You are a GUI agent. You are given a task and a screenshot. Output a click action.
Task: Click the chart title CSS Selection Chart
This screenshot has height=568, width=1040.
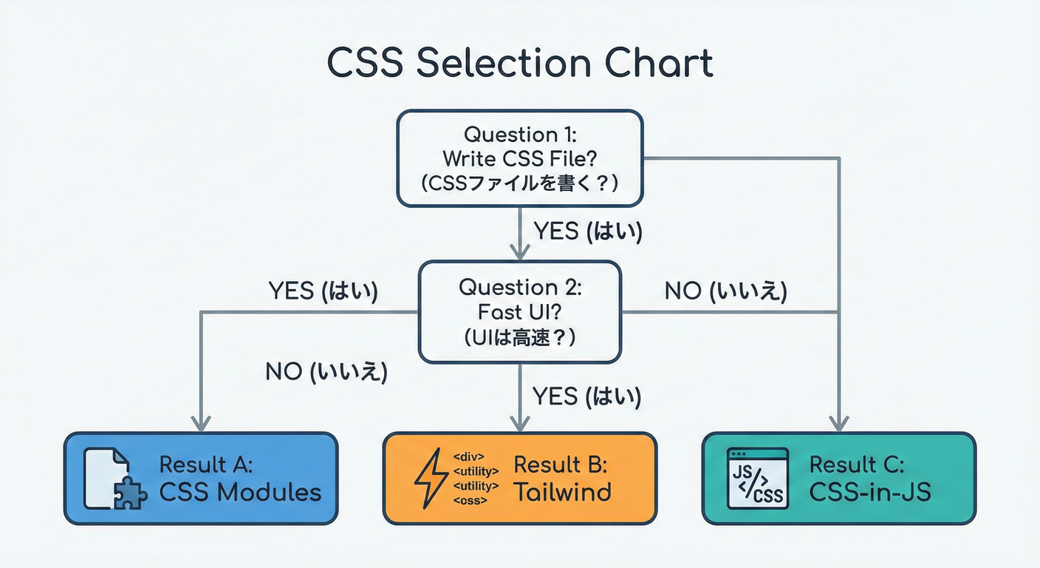(520, 64)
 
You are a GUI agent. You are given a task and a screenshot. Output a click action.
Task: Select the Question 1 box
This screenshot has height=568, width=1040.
(520, 158)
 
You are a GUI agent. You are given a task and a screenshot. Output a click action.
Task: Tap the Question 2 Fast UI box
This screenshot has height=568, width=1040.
(520, 311)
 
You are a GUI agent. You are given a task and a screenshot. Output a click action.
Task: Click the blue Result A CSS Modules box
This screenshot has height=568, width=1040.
(201, 479)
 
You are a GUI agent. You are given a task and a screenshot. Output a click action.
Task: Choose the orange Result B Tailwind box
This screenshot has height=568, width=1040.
(520, 479)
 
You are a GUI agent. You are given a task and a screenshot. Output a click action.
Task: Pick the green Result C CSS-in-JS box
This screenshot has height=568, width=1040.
(838, 479)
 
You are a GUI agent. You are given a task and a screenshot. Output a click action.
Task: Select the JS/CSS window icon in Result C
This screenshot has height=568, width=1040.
(757, 479)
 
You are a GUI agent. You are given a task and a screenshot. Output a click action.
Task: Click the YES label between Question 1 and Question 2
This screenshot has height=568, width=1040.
(587, 231)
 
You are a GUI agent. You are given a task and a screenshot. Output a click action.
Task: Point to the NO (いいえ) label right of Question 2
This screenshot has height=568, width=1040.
(725, 291)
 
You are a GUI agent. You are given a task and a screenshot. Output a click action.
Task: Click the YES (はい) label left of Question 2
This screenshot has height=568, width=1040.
(323, 291)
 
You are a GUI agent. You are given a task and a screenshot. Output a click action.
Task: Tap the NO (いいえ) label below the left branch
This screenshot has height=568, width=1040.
(326, 371)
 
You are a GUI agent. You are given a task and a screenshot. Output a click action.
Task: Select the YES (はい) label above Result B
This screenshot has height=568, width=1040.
(587, 397)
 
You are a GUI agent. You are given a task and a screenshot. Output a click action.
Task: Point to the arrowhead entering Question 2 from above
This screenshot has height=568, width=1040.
(520, 251)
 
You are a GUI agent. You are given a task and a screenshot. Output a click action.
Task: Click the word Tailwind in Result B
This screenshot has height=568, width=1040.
(562, 491)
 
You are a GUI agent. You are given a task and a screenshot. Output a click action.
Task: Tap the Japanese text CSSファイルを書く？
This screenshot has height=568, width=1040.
(520, 183)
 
